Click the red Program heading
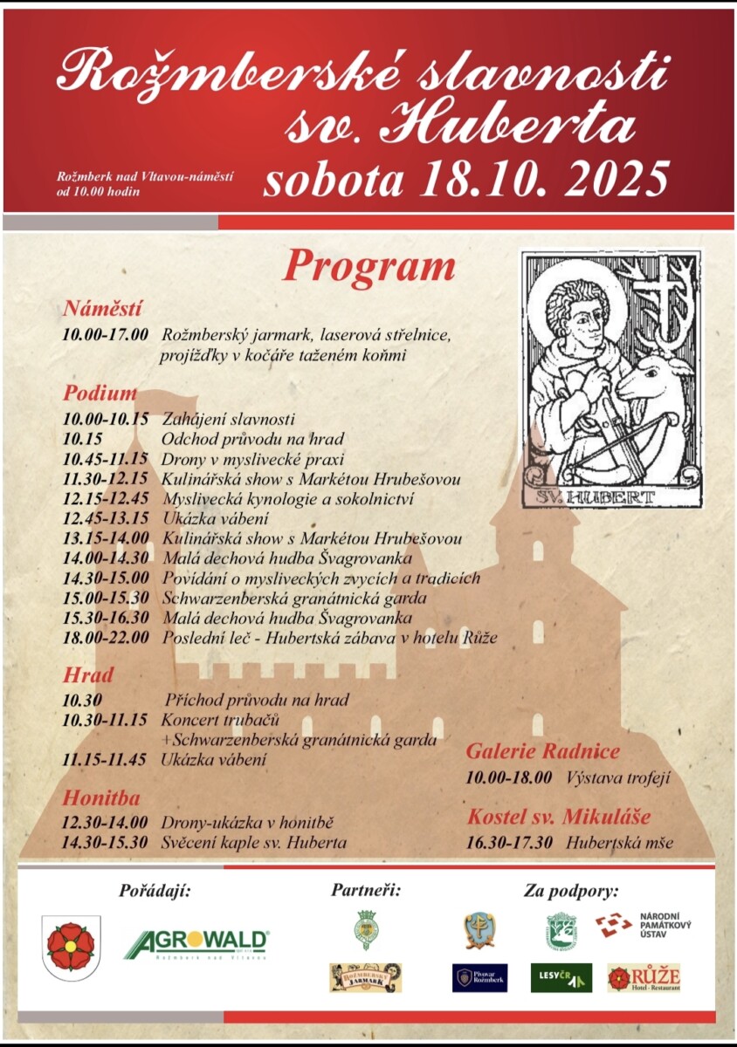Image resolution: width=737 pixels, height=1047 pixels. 368,268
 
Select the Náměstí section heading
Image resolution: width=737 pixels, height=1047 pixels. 102,308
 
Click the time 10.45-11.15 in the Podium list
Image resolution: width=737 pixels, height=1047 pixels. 105,459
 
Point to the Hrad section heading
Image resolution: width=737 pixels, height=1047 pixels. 88,674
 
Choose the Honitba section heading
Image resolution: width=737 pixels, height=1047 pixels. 101,797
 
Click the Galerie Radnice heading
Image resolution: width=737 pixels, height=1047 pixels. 542,751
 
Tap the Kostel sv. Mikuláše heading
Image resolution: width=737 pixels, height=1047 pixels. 559,817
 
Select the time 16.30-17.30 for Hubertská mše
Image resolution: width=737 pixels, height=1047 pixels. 509,843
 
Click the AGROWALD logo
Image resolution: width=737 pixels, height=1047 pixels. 196,943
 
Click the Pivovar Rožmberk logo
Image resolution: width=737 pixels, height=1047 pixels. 479,977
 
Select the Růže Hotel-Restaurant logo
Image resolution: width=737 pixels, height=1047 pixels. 644,977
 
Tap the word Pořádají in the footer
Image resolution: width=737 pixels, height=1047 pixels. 155,891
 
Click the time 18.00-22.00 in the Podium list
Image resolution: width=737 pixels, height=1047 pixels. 106,637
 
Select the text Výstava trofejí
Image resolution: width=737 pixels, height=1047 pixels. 618,777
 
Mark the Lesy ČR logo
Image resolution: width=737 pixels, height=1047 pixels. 561,977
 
